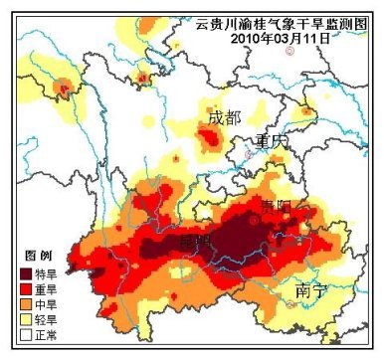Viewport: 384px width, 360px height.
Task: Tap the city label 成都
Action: point(224,118)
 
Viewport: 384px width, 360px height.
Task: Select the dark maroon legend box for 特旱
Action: point(25,270)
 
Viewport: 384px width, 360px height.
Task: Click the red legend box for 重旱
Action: point(25,288)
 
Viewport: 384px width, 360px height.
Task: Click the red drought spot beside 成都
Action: point(209,142)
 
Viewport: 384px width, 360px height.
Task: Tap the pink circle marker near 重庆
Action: point(250,155)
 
